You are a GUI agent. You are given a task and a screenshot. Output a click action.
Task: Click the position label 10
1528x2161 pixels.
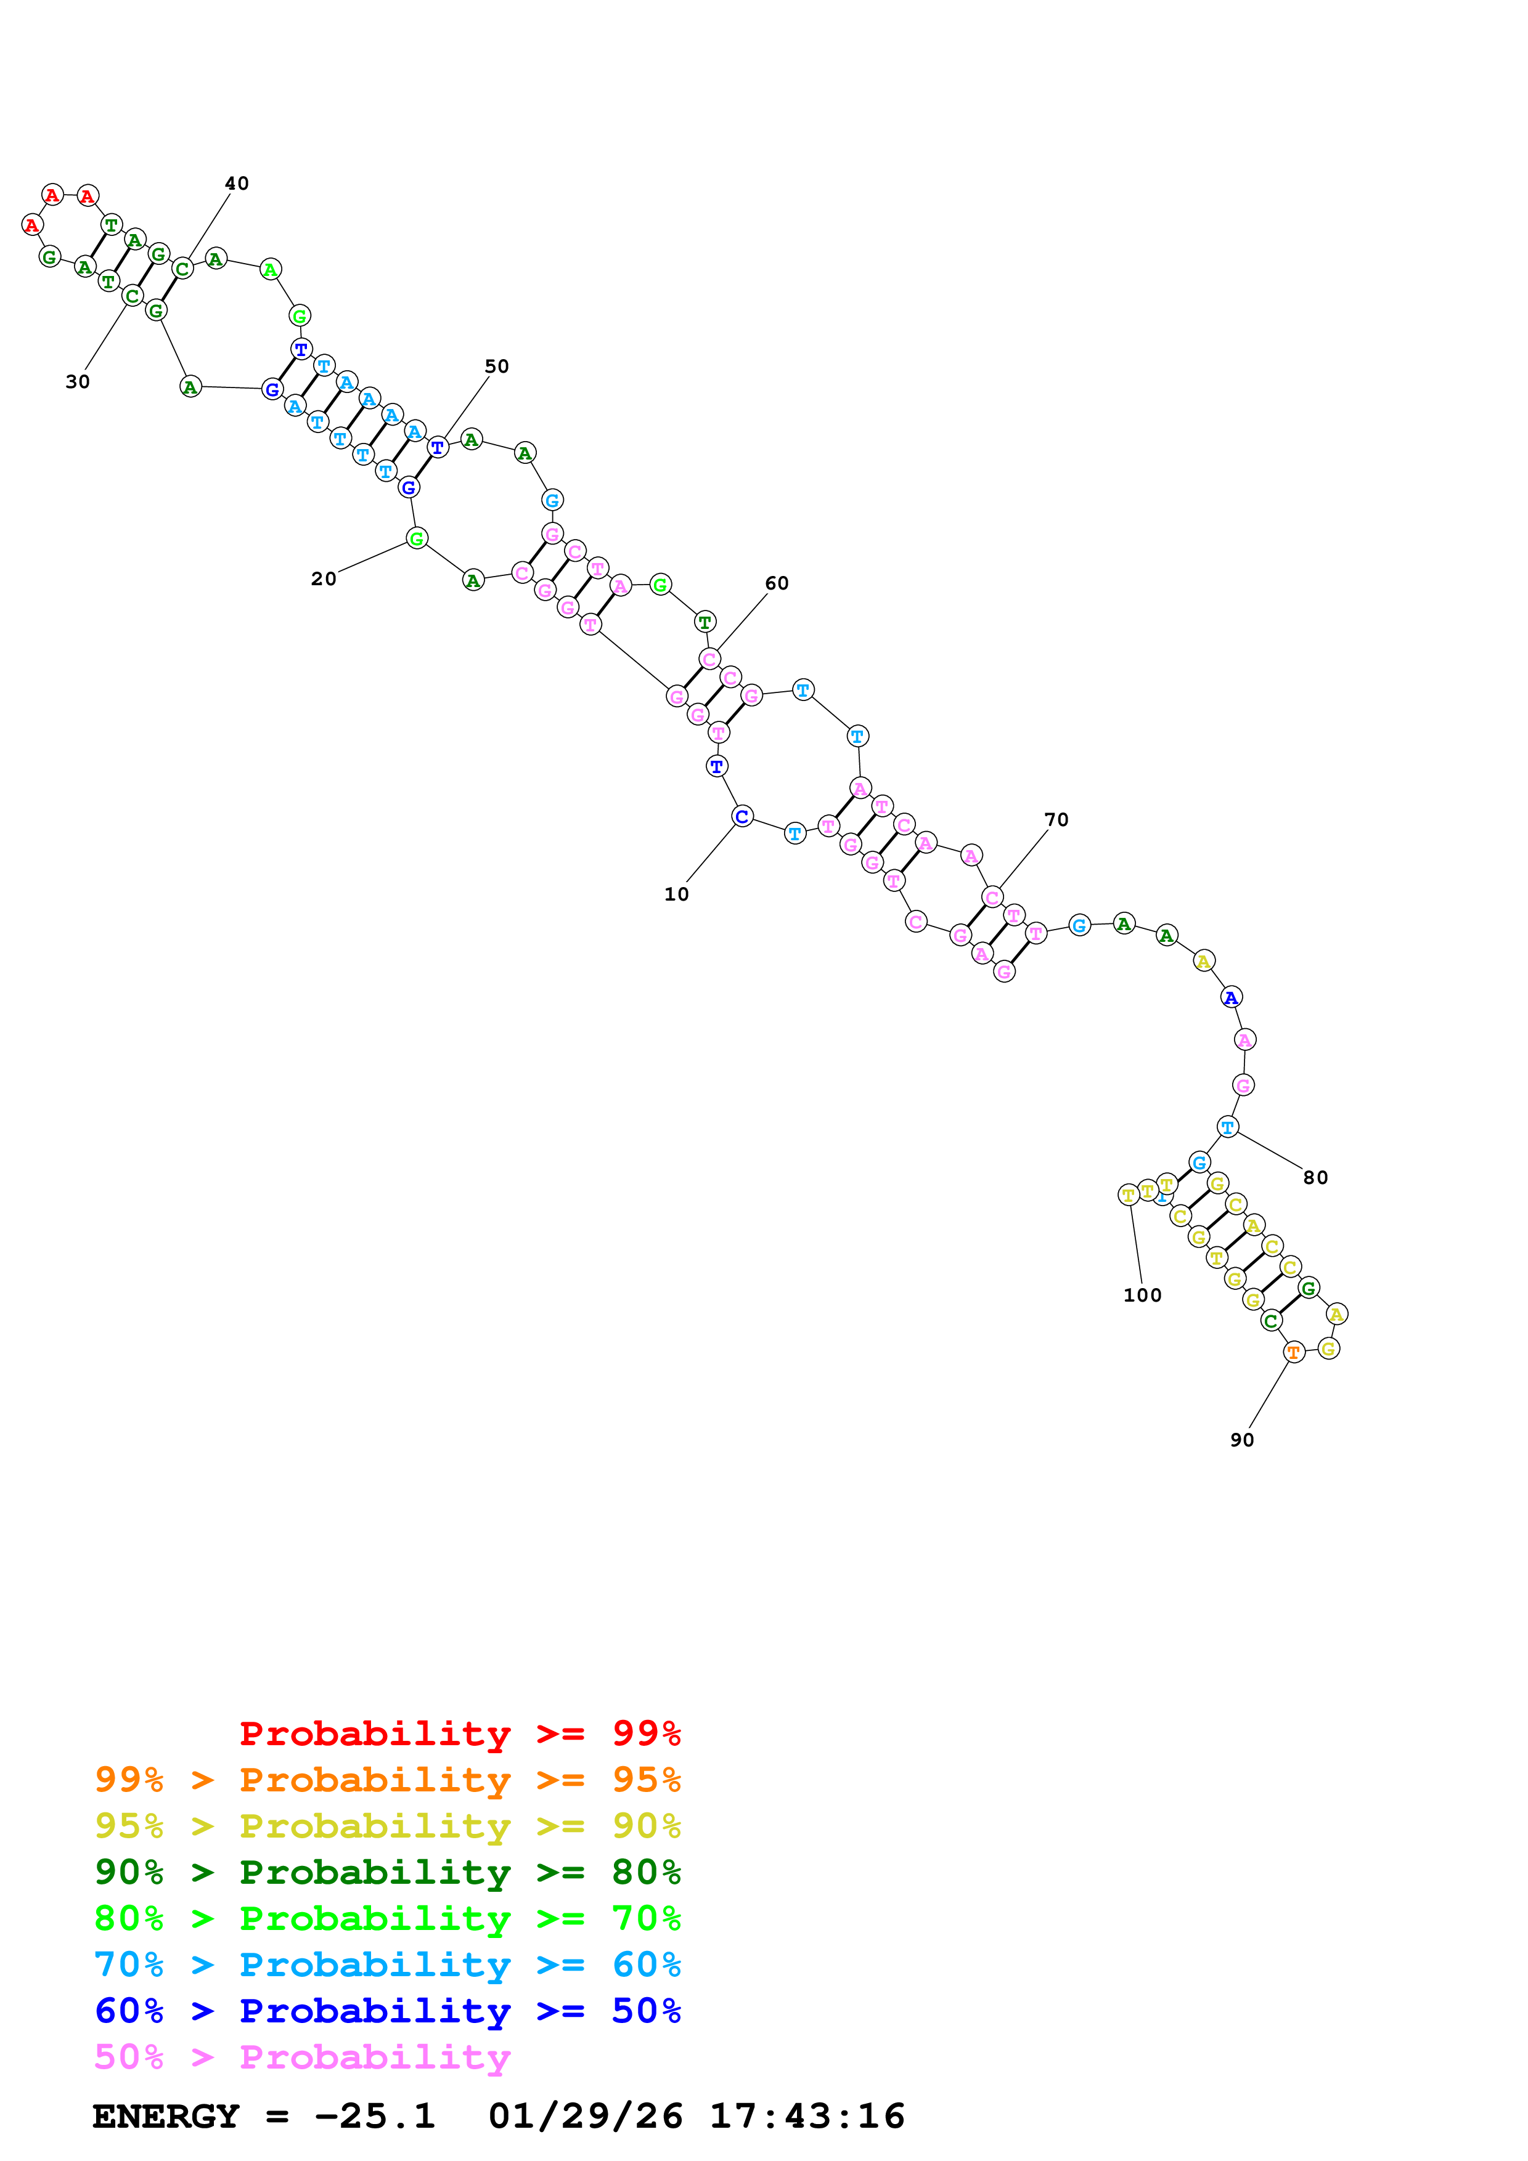(676, 894)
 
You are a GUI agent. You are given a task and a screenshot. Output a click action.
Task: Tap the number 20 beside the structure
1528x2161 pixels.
(323, 579)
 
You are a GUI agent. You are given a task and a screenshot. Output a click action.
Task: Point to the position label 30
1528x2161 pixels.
(77, 381)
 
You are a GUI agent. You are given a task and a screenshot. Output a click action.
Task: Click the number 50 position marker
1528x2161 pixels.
(496, 366)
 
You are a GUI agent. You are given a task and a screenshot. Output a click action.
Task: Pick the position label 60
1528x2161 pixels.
(777, 583)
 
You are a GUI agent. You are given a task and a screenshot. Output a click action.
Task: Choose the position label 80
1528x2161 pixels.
(1315, 1177)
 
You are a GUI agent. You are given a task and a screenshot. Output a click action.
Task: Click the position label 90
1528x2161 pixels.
(1242, 1440)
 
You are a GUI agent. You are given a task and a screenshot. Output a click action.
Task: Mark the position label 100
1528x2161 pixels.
(1142, 1295)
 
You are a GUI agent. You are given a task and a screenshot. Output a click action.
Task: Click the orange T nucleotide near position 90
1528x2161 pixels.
(1294, 1353)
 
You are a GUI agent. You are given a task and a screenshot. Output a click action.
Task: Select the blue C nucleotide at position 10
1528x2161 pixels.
(742, 816)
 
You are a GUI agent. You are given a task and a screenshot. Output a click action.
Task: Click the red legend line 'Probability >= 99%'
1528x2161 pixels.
(459, 1733)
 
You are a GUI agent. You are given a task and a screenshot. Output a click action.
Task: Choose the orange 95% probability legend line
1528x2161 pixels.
(387, 1779)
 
